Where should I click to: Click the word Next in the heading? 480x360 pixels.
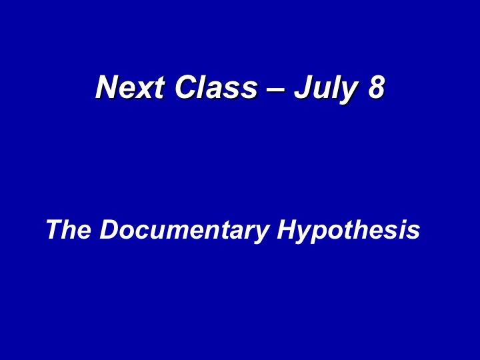(x=131, y=87)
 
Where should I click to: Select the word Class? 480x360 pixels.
(x=216, y=87)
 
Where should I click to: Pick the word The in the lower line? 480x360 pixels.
(x=69, y=229)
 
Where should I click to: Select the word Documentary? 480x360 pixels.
(x=185, y=231)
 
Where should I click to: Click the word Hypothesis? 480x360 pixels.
(x=349, y=231)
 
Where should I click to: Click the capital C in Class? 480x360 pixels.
(x=187, y=87)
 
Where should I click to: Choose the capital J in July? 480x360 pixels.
(x=304, y=87)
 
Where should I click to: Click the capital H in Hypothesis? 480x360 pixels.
(x=289, y=229)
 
